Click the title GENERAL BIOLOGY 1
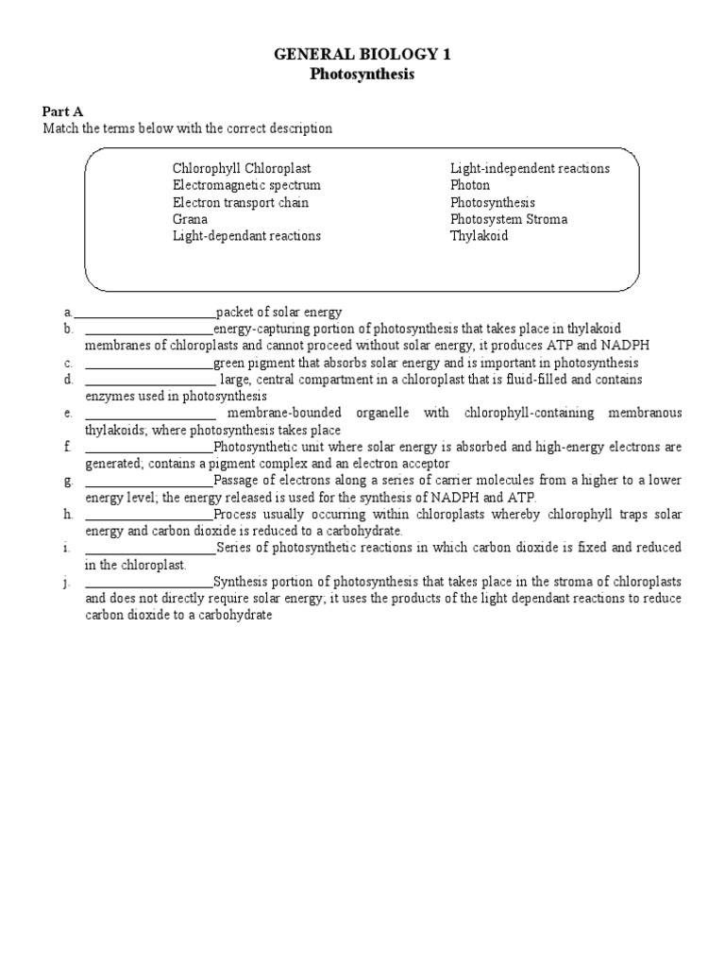362,55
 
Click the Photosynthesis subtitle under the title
362,74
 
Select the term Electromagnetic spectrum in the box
246,185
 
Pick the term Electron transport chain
241,202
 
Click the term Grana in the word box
190,219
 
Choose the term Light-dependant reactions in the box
246,236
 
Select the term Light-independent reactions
530,168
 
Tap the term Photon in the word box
470,185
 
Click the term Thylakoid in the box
479,236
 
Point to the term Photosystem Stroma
509,219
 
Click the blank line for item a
144,314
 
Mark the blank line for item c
149,365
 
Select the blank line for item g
149,482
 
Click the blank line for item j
149,583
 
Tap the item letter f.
68,447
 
